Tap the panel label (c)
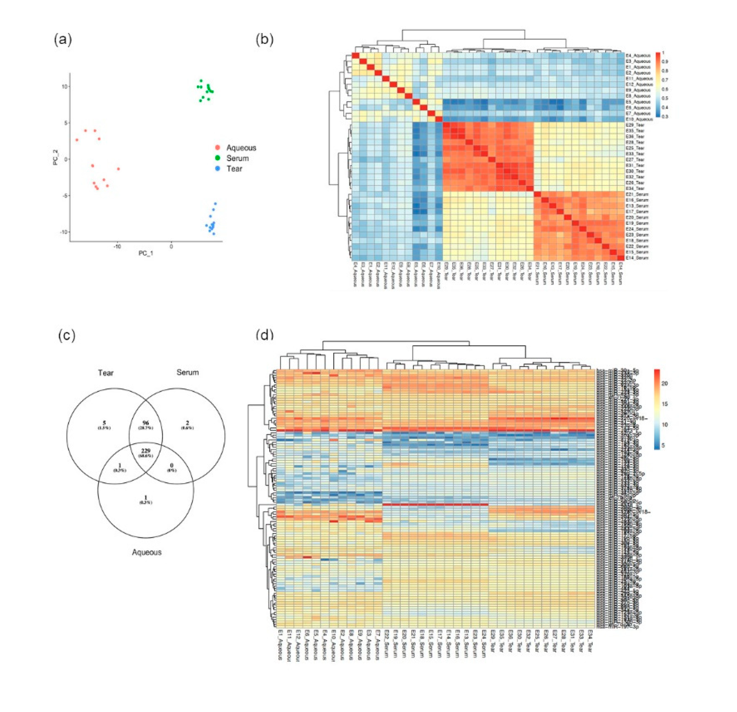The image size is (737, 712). coord(66,335)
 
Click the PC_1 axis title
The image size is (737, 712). coord(146,253)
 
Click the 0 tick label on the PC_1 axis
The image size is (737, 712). coord(172,247)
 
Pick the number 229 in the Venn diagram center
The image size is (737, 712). coord(146,451)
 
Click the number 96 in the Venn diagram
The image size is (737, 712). coord(146,423)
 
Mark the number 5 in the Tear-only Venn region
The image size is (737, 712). coord(105,423)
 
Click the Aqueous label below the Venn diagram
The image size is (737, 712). coord(147,552)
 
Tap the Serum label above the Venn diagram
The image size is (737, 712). coord(187,372)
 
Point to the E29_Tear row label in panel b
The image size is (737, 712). coord(635,125)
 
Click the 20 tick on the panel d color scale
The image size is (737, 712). coord(664,384)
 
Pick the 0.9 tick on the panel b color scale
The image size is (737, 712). coord(665,61)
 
